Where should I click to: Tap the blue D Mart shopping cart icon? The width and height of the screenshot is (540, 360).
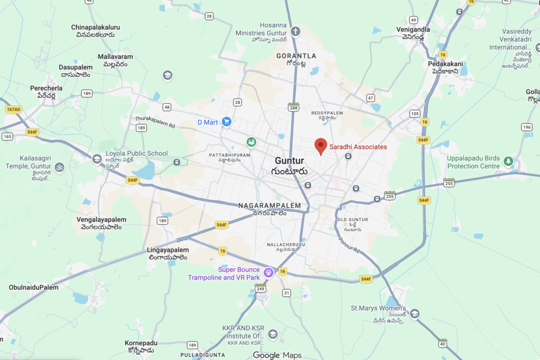point(227,122)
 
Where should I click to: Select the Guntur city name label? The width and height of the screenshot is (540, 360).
point(290,161)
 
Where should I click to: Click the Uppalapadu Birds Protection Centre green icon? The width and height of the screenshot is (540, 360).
point(508,161)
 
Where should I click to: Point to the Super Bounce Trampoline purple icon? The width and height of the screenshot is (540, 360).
point(268,273)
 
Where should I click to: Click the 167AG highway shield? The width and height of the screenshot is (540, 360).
point(13,109)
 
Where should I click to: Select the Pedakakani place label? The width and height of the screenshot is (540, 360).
point(446,64)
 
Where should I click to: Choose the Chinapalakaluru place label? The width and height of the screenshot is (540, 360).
point(95,27)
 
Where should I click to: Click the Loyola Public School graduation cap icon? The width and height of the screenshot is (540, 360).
point(97,159)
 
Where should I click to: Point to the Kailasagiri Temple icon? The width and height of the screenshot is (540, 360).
point(60,168)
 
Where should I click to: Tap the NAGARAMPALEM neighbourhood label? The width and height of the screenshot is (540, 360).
point(269,206)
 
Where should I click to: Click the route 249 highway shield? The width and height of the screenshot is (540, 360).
point(260,288)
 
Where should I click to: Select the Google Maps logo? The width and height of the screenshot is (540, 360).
point(277,355)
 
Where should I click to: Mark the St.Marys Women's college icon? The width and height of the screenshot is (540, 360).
point(414,314)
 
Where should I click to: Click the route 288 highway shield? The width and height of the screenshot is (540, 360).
point(294,108)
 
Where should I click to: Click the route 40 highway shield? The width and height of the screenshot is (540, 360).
point(442,344)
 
